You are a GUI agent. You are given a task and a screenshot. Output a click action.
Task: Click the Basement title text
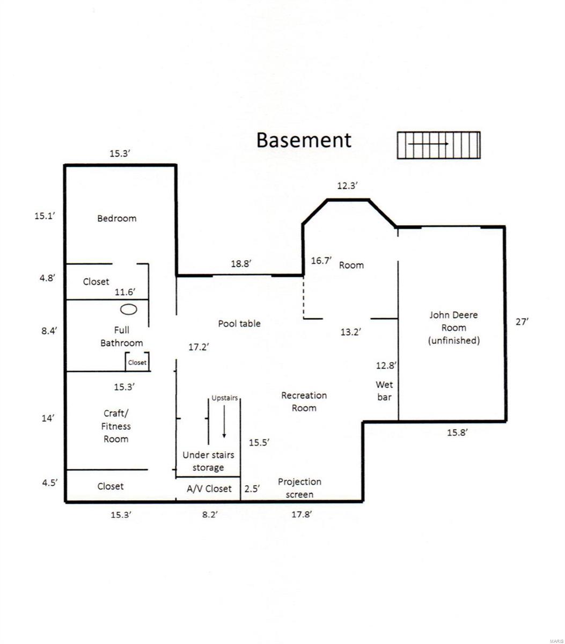point(304,140)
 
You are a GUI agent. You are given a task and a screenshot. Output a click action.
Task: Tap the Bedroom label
point(116,218)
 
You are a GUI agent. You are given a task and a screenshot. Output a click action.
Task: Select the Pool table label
point(239,324)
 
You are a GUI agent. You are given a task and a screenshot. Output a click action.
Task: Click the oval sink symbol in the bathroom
point(129,309)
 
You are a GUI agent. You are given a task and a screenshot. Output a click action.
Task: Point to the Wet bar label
point(384,391)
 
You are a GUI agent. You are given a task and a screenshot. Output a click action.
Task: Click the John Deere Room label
point(453,328)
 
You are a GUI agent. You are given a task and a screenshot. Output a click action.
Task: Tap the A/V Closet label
point(209,489)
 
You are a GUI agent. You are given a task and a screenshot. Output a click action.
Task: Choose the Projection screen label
point(299,488)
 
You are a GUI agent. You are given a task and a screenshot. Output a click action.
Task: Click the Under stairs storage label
point(208,461)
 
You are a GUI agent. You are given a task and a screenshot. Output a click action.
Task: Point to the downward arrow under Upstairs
point(224,422)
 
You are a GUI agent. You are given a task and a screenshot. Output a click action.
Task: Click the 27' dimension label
point(522,322)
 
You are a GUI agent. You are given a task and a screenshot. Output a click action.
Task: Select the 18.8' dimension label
point(241,264)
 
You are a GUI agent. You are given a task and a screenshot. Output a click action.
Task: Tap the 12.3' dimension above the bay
point(347,186)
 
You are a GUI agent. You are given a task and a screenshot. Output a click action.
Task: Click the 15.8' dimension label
point(457,433)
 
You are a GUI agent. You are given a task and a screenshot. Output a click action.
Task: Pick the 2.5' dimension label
point(252,489)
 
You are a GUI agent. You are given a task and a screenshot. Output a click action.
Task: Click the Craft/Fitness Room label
point(116,426)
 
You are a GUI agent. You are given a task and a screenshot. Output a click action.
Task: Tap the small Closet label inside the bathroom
point(137,362)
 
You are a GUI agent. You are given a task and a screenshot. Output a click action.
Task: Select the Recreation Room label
point(304,402)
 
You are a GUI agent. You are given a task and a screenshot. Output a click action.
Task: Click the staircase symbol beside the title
point(438,145)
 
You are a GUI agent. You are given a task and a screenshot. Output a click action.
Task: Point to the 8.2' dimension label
point(210,515)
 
